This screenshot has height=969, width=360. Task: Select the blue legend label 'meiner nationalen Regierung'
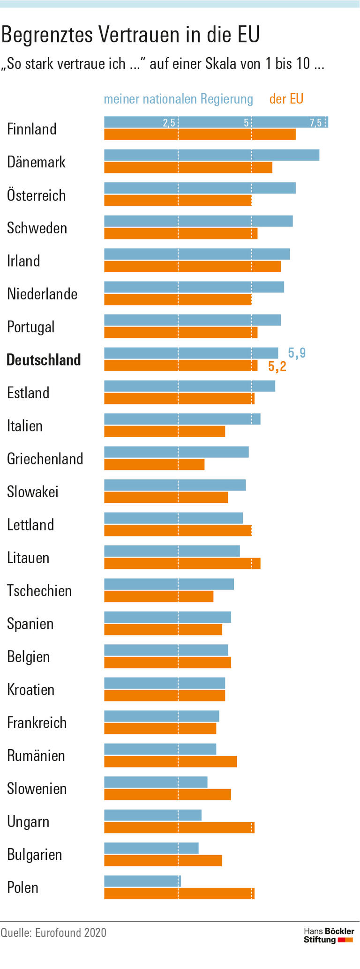(x=178, y=99)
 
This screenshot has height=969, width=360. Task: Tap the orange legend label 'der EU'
(x=286, y=99)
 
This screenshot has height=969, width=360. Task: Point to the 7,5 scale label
(x=315, y=123)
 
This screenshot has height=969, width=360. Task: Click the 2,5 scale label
(x=169, y=123)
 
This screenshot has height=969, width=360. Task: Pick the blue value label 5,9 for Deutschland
(x=297, y=353)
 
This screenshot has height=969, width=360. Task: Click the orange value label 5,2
(x=277, y=366)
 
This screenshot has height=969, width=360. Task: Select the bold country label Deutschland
(x=44, y=360)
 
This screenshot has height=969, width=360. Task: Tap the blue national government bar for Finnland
(x=216, y=122)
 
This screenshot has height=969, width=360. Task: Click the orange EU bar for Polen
(x=179, y=894)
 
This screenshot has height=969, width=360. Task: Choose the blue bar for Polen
(x=142, y=881)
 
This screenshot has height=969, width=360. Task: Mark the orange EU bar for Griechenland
(x=154, y=464)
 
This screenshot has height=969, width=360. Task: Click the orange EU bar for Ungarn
(x=179, y=827)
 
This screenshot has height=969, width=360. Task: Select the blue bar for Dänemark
(x=211, y=155)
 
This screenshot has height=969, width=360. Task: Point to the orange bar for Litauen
(x=182, y=563)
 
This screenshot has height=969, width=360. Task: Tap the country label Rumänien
(x=36, y=756)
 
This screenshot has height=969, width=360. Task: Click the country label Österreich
(x=37, y=195)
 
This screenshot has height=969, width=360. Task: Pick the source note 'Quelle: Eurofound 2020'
(x=53, y=933)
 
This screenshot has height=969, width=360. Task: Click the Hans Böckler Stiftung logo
(x=329, y=935)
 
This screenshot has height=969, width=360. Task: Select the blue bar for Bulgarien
(x=151, y=848)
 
